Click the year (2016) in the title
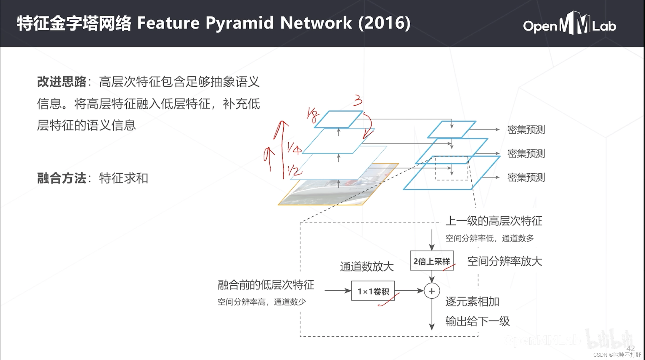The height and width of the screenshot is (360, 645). (x=384, y=23)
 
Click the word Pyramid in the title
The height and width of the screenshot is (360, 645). (x=239, y=23)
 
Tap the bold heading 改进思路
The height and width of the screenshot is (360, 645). (x=62, y=82)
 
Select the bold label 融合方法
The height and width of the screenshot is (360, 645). (x=62, y=178)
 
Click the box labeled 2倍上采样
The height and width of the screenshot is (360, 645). (x=432, y=261)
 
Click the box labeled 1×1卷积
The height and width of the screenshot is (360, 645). (x=373, y=291)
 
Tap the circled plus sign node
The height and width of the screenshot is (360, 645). (x=432, y=291)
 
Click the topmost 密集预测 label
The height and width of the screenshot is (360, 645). (x=526, y=130)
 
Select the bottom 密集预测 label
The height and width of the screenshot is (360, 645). (x=526, y=177)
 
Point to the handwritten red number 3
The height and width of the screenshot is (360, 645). (x=358, y=101)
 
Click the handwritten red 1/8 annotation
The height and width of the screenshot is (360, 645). (x=313, y=115)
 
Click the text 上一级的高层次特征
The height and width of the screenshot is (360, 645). (x=494, y=221)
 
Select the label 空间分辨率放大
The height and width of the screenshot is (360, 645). (x=504, y=261)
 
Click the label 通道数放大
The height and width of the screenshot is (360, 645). (x=367, y=267)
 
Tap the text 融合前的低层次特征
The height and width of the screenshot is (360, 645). (x=266, y=285)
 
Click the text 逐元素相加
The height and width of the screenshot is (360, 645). (x=472, y=302)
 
